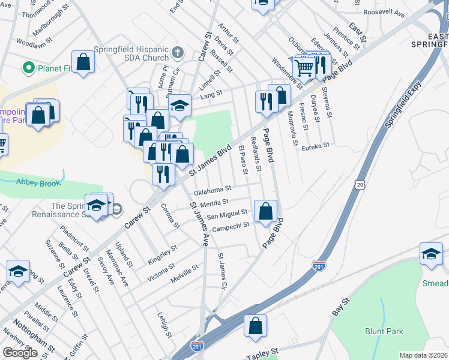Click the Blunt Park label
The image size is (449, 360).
pyautogui.click(x=384, y=331)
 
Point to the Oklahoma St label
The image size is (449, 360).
pyautogui.click(x=212, y=191)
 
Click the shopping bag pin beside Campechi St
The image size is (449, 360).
pyautogui.click(x=265, y=211)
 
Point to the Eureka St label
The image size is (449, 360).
pyautogui.click(x=316, y=146)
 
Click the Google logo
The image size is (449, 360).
pyautogui.click(x=20, y=353)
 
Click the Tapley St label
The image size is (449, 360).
pyautogui.click(x=263, y=353)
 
